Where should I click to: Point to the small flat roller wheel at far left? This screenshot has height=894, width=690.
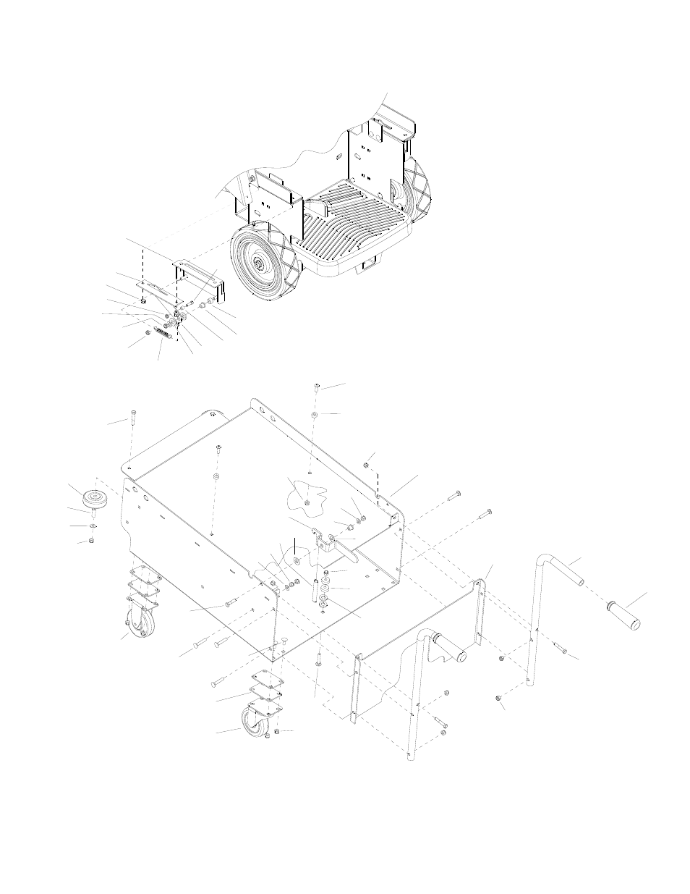point(95,499)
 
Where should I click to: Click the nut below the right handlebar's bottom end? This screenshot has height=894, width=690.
point(498,698)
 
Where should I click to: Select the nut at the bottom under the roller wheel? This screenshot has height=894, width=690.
point(92,540)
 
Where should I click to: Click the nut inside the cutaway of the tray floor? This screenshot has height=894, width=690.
point(308,502)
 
